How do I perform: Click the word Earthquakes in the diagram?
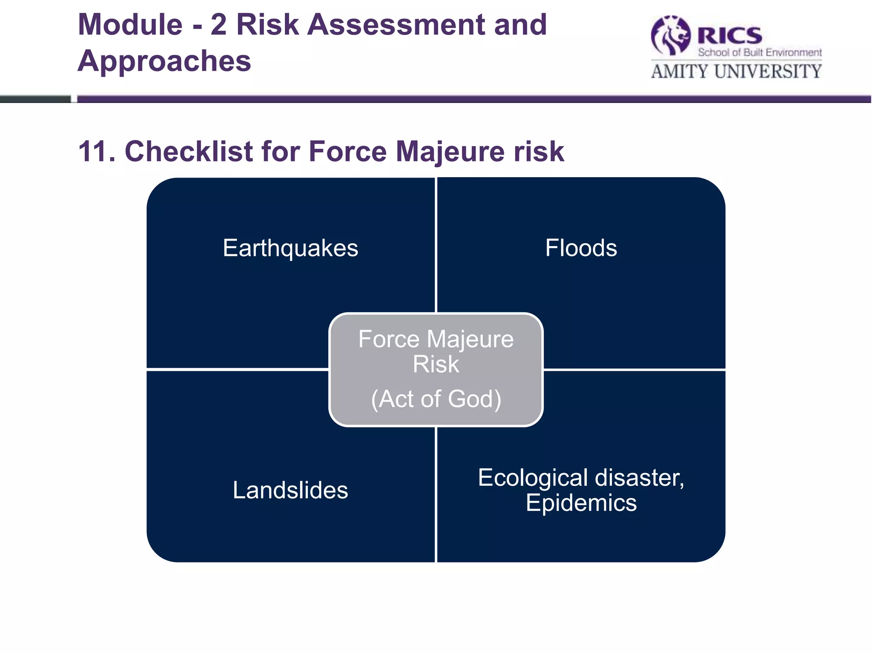click(290, 248)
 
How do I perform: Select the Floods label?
click(581, 248)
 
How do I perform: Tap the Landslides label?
click(290, 490)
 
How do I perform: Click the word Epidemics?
click(581, 503)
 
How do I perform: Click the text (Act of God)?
click(436, 399)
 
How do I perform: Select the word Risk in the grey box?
click(436, 364)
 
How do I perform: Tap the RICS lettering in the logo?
click(730, 36)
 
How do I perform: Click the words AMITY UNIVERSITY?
click(736, 72)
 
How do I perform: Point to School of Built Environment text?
click(760, 52)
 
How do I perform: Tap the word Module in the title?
click(130, 25)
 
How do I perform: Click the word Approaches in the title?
click(164, 61)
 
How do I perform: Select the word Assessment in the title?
click(396, 25)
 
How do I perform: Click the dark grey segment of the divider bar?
click(35, 99)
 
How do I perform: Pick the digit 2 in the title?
click(218, 25)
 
